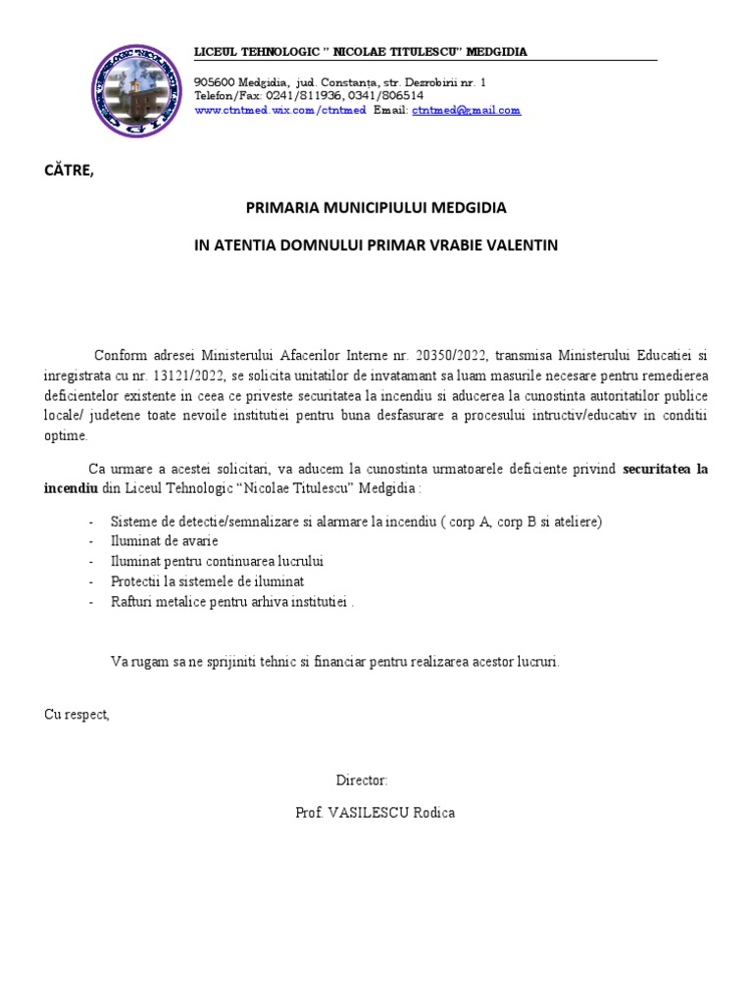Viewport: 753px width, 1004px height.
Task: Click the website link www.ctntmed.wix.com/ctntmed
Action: [x=280, y=111]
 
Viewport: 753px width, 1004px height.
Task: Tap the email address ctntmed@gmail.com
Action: [x=467, y=111]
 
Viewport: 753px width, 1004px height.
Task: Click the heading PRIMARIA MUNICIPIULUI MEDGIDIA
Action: [x=376, y=209]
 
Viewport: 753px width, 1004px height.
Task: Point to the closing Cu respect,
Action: [x=77, y=715]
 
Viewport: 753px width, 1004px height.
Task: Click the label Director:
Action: [x=362, y=780]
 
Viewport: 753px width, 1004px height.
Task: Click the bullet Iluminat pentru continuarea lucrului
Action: [x=217, y=562]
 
